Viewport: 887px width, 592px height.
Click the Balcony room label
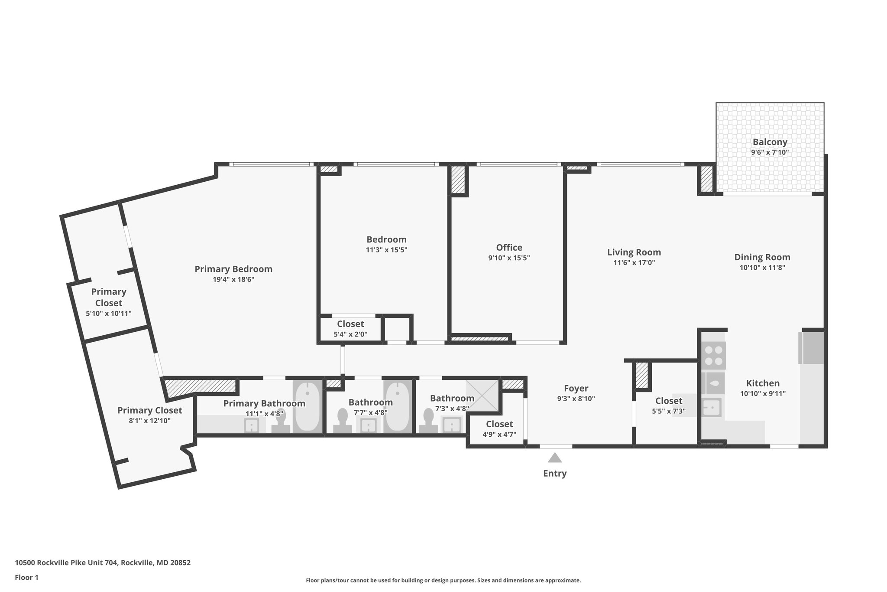(770, 142)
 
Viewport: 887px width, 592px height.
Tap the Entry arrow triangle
(555, 458)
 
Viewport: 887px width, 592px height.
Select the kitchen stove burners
(713, 355)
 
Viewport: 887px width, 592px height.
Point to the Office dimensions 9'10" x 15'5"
(509, 258)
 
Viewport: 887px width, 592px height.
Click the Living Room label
(634, 252)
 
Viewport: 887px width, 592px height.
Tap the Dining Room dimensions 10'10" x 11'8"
(762, 268)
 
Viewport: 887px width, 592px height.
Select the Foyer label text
(576, 389)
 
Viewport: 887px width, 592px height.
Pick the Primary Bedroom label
(233, 269)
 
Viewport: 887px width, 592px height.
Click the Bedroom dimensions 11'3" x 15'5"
(386, 250)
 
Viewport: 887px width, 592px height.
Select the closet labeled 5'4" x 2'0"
(350, 329)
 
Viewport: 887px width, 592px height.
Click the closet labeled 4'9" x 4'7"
(499, 428)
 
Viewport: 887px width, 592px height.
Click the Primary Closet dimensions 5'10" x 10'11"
(109, 314)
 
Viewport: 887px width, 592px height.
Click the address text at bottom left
(103, 563)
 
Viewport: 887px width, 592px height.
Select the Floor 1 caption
(26, 577)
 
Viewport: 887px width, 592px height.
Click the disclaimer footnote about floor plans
(443, 580)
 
